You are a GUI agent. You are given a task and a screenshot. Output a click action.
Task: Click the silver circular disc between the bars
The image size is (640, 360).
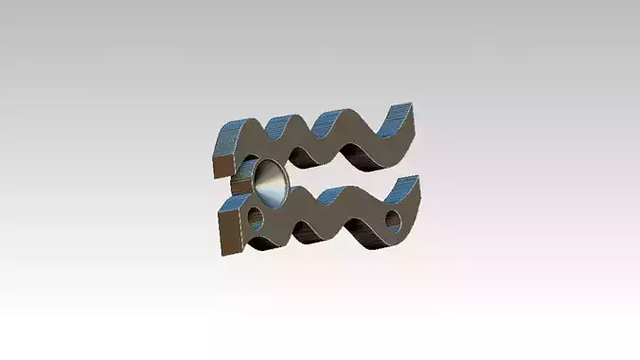click(x=269, y=183)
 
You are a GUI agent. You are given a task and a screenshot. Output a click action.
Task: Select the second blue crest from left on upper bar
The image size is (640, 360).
click(x=283, y=124)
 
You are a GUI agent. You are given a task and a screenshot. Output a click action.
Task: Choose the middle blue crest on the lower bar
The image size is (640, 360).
click(x=331, y=193)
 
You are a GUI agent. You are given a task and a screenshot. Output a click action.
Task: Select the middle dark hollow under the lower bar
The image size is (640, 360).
click(x=309, y=232)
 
